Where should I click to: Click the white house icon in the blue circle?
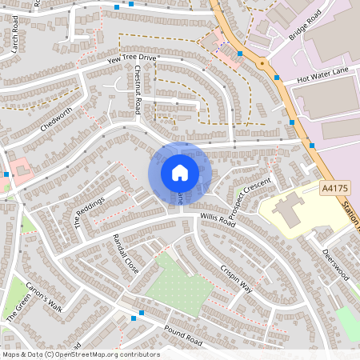(x=180, y=172)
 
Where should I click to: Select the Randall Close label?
(x=126, y=254)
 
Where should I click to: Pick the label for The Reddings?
(x=90, y=213)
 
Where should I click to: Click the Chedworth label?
(x=55, y=120)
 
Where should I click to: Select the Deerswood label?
(x=335, y=262)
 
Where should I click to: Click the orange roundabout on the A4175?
(x=262, y=63)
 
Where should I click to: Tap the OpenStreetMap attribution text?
(x=80, y=354)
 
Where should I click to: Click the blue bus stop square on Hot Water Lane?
(x=277, y=78)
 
